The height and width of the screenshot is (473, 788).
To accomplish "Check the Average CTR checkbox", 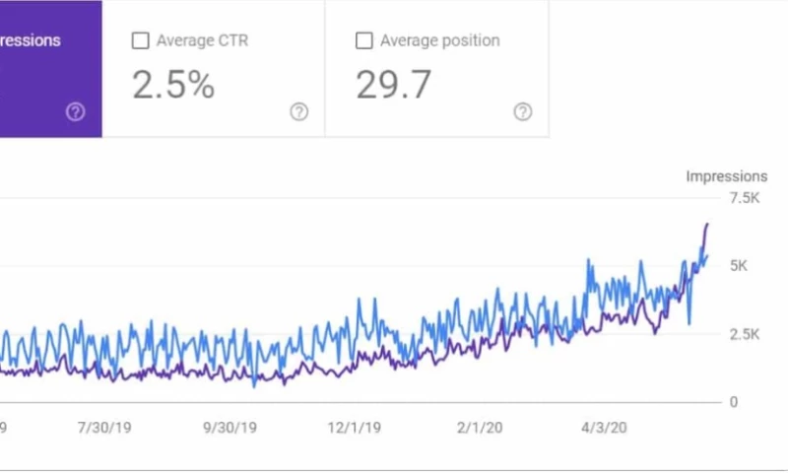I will pyautogui.click(x=141, y=41).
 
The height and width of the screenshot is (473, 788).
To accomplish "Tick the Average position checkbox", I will pyautogui.click(x=363, y=41).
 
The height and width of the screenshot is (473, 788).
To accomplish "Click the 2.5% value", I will pyautogui.click(x=173, y=86).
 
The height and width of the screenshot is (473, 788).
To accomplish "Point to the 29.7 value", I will pyautogui.click(x=393, y=86).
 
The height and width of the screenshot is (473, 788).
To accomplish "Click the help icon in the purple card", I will pyautogui.click(x=76, y=112).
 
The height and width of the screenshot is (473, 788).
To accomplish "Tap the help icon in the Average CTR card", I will pyautogui.click(x=299, y=112).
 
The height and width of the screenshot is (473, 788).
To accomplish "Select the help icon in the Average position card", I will pyautogui.click(x=523, y=112).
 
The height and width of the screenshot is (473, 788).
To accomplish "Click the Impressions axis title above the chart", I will pyautogui.click(x=726, y=176).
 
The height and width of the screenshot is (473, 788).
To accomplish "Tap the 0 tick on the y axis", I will pyautogui.click(x=733, y=402).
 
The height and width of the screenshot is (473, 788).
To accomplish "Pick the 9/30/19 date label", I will pyautogui.click(x=230, y=429).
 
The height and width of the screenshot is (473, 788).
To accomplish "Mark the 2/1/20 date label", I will pyautogui.click(x=481, y=429).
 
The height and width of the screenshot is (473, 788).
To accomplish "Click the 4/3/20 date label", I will pyautogui.click(x=604, y=429).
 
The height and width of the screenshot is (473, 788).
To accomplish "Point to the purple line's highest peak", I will pyautogui.click(x=706, y=225).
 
